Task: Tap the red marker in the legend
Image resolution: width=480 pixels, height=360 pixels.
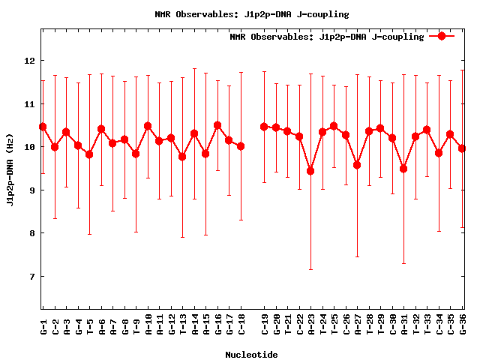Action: pyautogui.click(x=442, y=36)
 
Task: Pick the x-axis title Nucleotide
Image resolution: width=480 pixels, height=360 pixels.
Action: pyautogui.click(x=251, y=355)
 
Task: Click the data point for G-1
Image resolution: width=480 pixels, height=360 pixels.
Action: pyautogui.click(x=43, y=127)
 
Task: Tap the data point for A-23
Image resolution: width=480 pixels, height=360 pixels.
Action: pyautogui.click(x=310, y=171)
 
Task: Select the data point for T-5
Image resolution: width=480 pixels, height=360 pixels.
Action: pyautogui.click(x=89, y=154)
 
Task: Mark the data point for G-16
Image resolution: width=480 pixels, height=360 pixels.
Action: pyautogui.click(x=217, y=125)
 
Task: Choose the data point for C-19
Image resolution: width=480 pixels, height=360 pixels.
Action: pyautogui.click(x=264, y=127)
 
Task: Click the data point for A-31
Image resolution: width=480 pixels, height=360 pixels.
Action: pyautogui.click(x=403, y=169)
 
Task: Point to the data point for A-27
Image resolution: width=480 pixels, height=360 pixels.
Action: pyautogui.click(x=357, y=165)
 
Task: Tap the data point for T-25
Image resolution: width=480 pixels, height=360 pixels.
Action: pyautogui.click(x=334, y=126)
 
